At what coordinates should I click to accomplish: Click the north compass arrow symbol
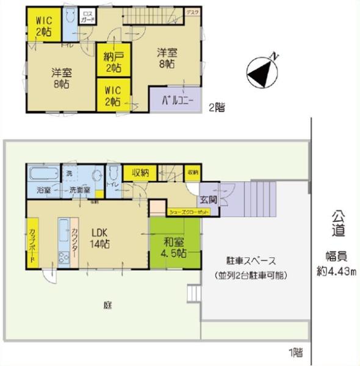pyautogui.click(x=262, y=71)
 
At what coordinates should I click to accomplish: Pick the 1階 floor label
pyautogui.click(x=295, y=351)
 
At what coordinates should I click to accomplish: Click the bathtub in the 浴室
pyautogui.click(x=43, y=173)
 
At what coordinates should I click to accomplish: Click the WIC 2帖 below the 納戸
pyautogui.click(x=113, y=95)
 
